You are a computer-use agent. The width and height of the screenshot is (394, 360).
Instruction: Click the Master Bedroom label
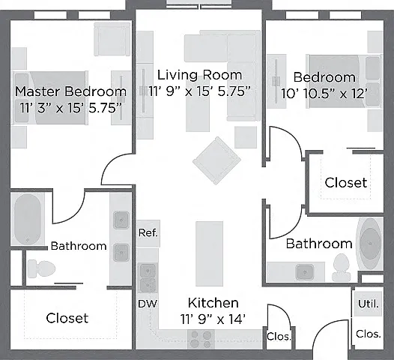point(70,91)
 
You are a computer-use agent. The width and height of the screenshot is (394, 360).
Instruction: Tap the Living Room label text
point(199,75)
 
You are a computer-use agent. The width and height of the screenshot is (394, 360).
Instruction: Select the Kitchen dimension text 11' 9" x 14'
point(213,319)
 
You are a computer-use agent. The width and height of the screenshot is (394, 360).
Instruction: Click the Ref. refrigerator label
point(148,233)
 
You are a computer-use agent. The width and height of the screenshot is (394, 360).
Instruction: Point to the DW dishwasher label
point(148,304)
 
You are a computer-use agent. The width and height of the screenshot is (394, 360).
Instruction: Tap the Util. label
point(368,304)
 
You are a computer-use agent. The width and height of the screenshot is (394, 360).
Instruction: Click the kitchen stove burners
point(201,339)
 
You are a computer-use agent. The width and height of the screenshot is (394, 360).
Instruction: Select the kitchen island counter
point(209,253)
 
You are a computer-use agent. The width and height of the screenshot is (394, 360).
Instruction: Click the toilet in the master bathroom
point(41,268)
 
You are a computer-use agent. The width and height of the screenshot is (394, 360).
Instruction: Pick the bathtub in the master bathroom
point(28,218)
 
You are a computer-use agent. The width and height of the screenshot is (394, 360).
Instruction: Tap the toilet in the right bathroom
point(341,267)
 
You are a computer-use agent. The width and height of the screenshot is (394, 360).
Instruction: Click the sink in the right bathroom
point(305,272)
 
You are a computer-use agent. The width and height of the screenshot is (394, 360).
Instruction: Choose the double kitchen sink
point(148,278)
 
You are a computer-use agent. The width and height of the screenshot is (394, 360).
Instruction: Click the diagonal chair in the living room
point(217,160)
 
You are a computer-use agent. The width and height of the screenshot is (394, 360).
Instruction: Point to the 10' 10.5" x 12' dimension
point(324,94)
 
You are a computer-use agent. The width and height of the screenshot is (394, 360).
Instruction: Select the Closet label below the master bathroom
point(67,318)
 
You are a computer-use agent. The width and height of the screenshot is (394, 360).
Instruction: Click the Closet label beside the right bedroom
point(346,183)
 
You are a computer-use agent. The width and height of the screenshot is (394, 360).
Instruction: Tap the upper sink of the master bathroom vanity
point(121,220)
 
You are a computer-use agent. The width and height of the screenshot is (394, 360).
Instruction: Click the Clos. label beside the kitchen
point(279,336)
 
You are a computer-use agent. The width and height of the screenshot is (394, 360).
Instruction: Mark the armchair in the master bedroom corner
point(112,39)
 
